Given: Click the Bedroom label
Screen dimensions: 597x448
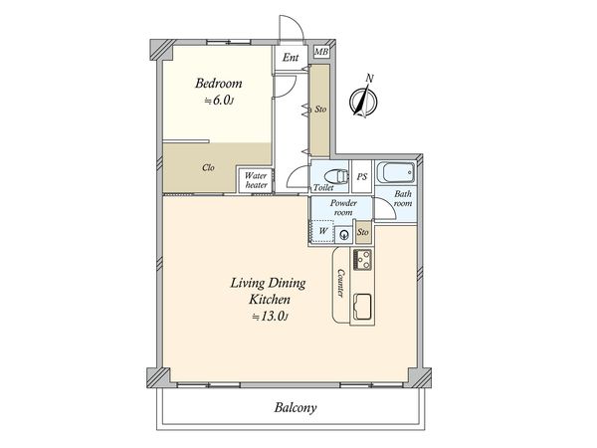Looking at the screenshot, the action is tap(219, 84).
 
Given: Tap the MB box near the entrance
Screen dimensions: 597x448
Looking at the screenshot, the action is tap(321, 52).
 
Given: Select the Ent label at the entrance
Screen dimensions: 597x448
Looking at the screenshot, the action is tap(291, 58).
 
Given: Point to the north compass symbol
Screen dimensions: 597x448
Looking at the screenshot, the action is tap(363, 99).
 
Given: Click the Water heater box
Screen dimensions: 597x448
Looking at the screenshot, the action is tap(256, 180).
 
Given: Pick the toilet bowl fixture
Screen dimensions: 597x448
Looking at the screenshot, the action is tap(336, 176).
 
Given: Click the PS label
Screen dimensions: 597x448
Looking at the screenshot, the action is tap(362, 177).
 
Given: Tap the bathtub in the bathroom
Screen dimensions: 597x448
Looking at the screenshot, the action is tap(396, 173).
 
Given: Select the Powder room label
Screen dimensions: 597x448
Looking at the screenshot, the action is tap(343, 208).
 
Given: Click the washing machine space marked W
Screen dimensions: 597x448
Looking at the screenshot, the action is tap(322, 231).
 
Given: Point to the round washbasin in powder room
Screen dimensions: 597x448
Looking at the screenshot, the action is tap(344, 235).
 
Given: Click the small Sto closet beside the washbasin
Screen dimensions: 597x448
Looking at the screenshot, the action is tap(363, 232).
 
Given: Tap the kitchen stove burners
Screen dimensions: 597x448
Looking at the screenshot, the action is tap(362, 260).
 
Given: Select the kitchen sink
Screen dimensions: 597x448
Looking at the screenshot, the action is tap(363, 308).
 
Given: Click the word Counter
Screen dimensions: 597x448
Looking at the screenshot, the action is tap(340, 284).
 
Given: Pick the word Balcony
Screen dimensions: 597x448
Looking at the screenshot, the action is tap(296, 408).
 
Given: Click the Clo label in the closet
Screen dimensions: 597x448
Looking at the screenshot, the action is tap(208, 167).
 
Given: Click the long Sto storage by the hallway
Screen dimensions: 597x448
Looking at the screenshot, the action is tap(319, 110).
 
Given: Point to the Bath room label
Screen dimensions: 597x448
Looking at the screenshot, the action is tap(403, 198).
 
